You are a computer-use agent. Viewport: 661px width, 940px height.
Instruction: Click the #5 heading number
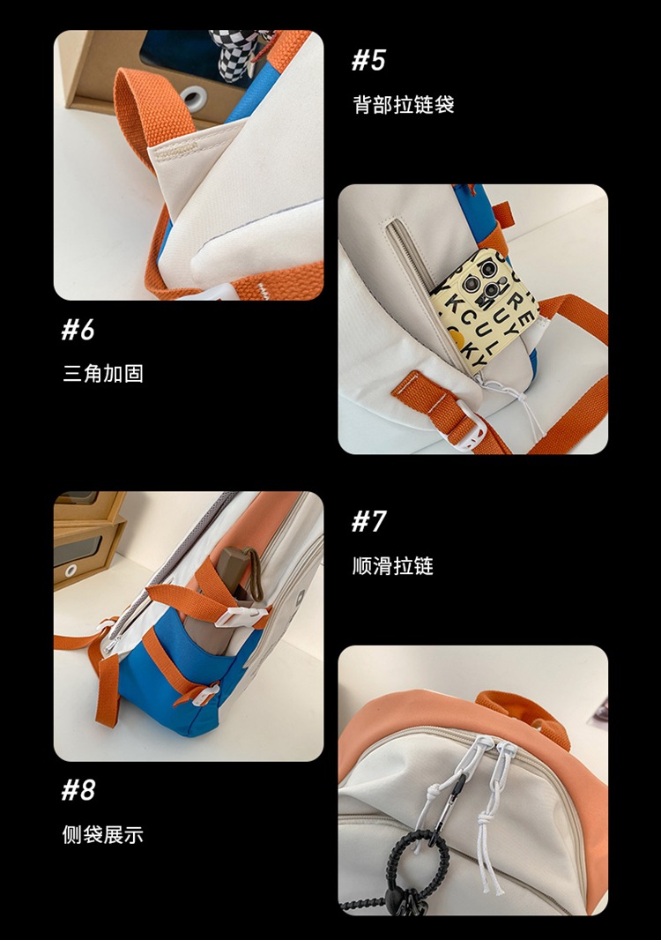pos(368,60)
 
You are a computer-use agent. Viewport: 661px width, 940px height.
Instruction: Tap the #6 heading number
pos(78,330)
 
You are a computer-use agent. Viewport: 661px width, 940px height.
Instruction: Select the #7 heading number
pos(368,521)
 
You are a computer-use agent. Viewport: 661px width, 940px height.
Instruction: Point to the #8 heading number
pos(78,789)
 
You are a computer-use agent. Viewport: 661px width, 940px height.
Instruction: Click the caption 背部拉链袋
pos(403,105)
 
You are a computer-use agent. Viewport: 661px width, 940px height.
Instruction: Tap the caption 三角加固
pos(102,373)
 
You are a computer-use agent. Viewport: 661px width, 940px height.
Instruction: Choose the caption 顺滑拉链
pos(392,566)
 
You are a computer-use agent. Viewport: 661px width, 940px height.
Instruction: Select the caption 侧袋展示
pos(102,834)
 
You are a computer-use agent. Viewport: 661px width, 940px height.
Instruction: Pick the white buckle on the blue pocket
pos(204,695)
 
